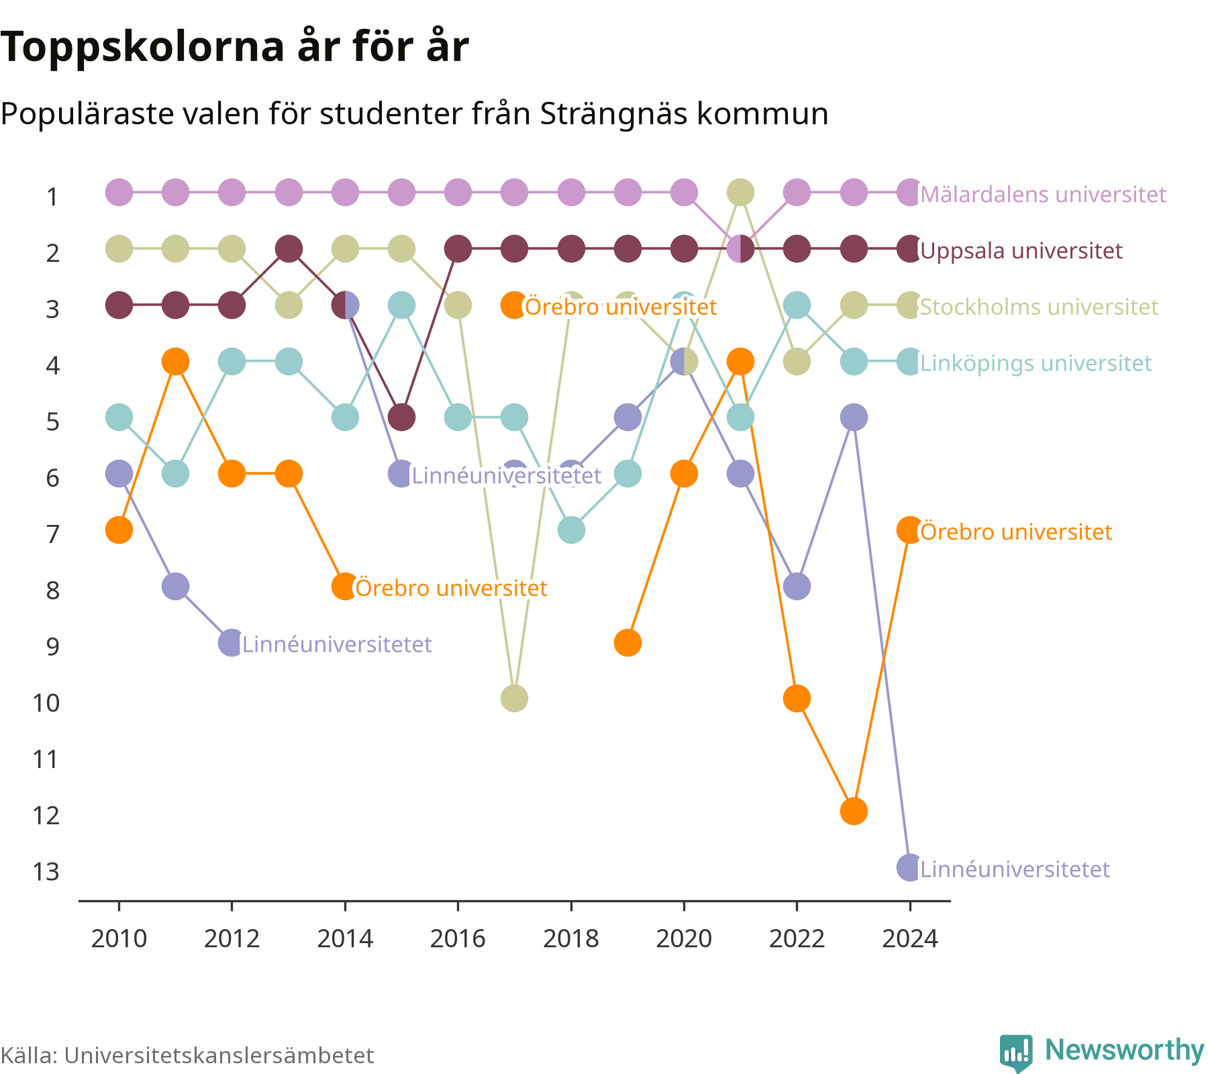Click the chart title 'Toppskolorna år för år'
point(234,48)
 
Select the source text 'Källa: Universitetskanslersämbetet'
point(187,1055)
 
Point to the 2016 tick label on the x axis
point(458,938)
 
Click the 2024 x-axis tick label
point(910,938)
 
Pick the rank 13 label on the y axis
point(46,872)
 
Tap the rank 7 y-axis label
point(53,534)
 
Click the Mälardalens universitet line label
point(1044,195)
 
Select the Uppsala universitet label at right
point(1021,251)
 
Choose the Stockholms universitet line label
point(1040,307)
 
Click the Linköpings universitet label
point(1036,364)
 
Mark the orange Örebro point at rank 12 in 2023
point(854,812)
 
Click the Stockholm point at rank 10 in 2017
point(514,699)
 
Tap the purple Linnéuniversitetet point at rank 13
point(910,868)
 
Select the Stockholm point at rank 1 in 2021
point(740,193)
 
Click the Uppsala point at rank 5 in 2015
point(401,418)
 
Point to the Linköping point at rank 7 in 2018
point(571,530)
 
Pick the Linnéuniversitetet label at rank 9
point(337,645)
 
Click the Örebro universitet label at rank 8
point(451,589)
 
